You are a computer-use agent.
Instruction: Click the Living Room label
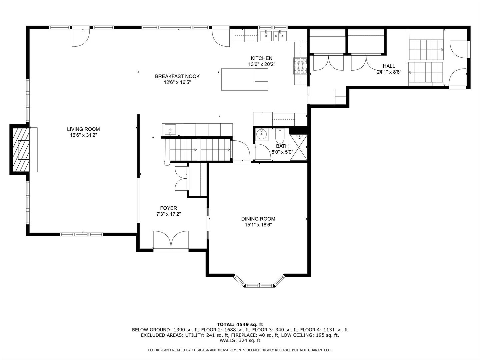coord(83,129)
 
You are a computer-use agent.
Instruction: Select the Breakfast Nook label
coord(177,76)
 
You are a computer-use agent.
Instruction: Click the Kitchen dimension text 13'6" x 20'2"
coord(261,64)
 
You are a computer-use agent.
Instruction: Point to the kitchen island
coord(245,79)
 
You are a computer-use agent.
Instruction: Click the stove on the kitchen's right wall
coord(300,66)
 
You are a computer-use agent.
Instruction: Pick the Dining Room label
coord(258,219)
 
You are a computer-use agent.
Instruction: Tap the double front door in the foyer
coord(171,241)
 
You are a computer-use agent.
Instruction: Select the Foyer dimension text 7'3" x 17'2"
coord(168,214)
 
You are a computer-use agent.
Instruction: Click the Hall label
coord(389,66)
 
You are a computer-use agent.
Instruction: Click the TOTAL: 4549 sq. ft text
coord(240,324)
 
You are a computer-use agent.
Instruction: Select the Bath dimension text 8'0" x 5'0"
coord(282,152)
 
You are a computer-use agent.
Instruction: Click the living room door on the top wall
coord(81,37)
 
